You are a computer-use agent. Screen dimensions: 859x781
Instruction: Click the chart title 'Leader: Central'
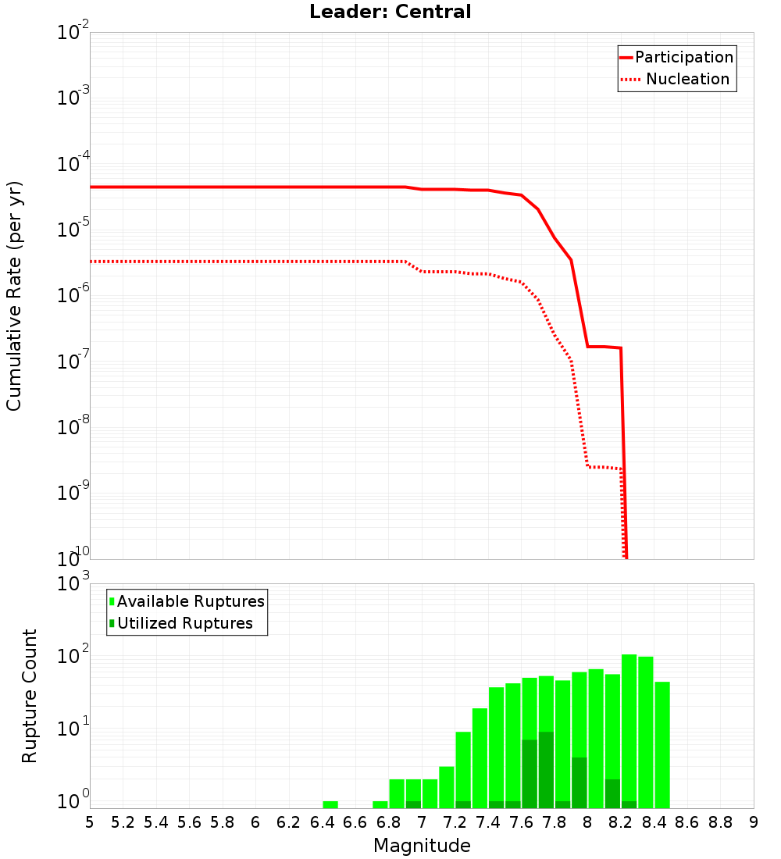click(390, 12)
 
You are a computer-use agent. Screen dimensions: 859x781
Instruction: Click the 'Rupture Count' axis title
click(30, 696)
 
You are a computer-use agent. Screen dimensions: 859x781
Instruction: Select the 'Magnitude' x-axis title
click(422, 846)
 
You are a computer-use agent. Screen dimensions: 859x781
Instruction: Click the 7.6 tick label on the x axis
click(522, 822)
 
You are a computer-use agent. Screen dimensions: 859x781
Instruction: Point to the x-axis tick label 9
click(754, 822)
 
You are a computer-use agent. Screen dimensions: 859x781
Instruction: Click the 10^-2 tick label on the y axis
click(73, 33)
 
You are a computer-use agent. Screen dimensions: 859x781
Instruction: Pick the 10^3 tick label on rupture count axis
click(73, 584)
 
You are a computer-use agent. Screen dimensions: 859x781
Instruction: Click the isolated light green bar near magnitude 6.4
click(330, 804)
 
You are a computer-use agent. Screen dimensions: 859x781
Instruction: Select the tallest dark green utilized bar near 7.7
click(546, 770)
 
